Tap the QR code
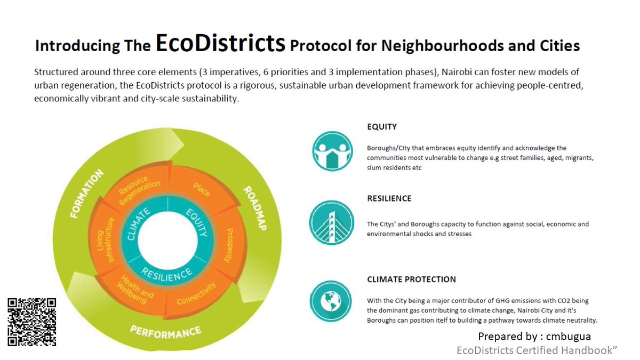[32, 322]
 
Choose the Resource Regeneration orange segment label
[139, 190]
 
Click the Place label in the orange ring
[202, 189]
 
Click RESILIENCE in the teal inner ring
[166, 274]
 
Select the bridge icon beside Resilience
[331, 223]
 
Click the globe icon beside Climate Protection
[331, 301]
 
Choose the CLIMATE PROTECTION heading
[411, 279]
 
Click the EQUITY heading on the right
[382, 127]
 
